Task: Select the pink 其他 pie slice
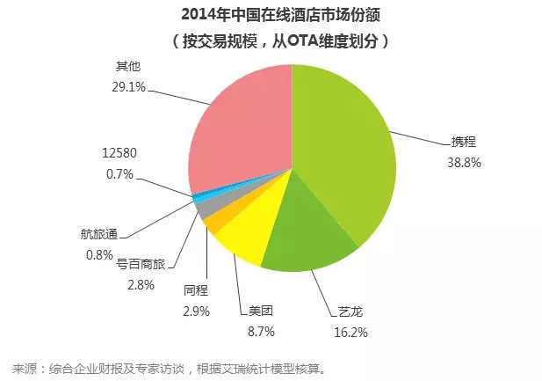pos(237,123)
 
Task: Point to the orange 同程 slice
pos(213,221)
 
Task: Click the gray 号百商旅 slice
pos(203,208)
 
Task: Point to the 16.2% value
pos(351,332)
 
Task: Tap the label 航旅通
pos(98,235)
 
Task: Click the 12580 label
pos(119,152)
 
